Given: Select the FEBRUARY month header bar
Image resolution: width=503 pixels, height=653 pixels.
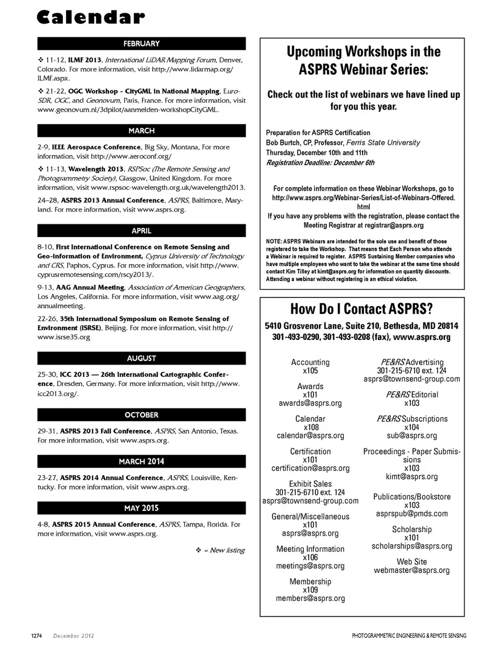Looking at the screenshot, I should pyautogui.click(x=141, y=44).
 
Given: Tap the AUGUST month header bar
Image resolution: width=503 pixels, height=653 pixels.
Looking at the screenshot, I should pyautogui.click(x=141, y=358).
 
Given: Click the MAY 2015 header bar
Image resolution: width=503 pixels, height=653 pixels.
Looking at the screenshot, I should pyautogui.click(x=141, y=508).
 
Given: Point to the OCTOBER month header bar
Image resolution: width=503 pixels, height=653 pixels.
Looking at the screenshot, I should pyautogui.click(x=141, y=415).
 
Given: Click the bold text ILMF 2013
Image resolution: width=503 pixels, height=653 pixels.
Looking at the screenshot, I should pyautogui.click(x=84, y=60).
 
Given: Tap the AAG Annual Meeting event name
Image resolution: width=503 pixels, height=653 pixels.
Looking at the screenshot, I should pyautogui.click(x=95, y=287).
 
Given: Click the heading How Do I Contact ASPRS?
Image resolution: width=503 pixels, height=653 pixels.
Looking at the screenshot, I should pyautogui.click(x=362, y=309).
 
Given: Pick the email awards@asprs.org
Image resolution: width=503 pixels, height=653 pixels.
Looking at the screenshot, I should pyautogui.click(x=310, y=403).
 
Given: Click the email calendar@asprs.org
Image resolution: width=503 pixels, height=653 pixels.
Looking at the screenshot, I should pyautogui.click(x=310, y=436).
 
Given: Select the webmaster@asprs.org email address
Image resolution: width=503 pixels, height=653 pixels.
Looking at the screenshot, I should pyautogui.click(x=411, y=570).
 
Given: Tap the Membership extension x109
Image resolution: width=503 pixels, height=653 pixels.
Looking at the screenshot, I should pyautogui.click(x=310, y=590).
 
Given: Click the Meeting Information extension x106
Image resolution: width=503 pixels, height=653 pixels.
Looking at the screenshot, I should pyautogui.click(x=310, y=558).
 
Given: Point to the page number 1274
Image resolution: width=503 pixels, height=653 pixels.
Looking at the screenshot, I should pyautogui.click(x=36, y=636).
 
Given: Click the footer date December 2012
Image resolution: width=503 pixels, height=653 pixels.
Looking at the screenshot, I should pyautogui.click(x=73, y=636).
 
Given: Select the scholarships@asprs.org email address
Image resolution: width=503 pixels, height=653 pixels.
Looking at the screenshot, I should pyautogui.click(x=411, y=546).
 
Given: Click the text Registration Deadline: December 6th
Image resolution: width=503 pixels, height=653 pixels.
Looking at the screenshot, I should pyautogui.click(x=320, y=163).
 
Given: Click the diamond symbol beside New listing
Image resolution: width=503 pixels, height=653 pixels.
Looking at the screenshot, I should pyautogui.click(x=199, y=550).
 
